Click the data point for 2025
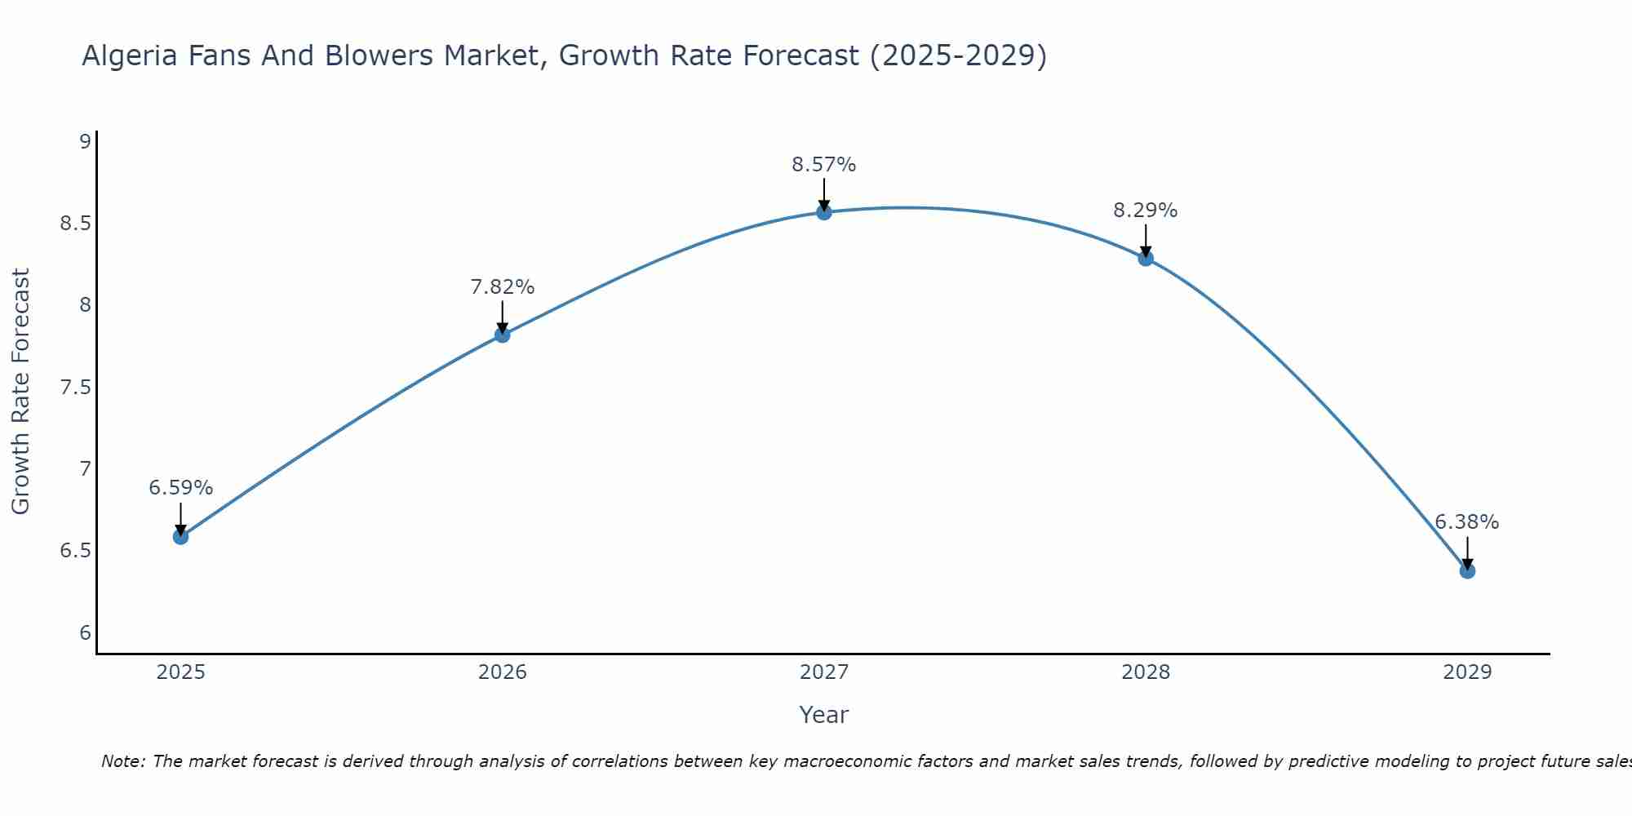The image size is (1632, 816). click(180, 537)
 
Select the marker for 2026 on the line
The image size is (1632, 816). click(502, 335)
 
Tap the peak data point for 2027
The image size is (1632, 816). click(824, 213)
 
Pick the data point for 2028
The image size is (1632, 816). click(1146, 259)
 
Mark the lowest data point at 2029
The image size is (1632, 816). click(1467, 570)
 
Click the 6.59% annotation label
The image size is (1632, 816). click(180, 488)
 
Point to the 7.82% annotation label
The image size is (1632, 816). click(502, 287)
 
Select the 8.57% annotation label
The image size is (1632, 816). click(824, 165)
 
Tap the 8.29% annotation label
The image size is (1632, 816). click(1146, 211)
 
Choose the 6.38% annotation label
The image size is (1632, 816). click(1467, 522)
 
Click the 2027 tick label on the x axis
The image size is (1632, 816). click(824, 672)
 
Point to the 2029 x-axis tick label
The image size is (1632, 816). click(1467, 672)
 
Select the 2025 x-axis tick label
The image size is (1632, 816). click(180, 672)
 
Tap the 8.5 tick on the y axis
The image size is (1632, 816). click(75, 224)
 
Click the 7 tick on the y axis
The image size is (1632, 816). click(85, 469)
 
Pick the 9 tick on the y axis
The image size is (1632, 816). click(85, 142)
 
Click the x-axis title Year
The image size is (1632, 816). click(824, 715)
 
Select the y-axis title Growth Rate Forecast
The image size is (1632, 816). click(20, 392)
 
